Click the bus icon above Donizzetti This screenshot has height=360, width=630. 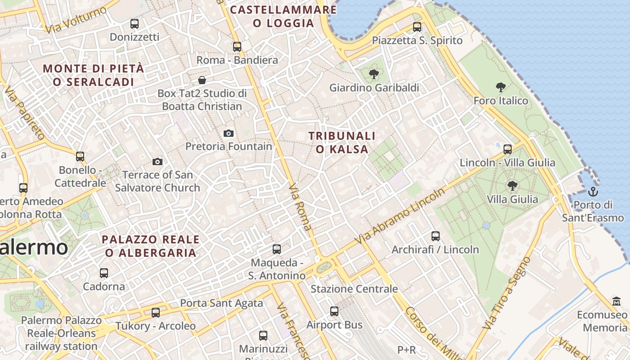pos(134,24)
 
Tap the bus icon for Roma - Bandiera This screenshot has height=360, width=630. pos(237,47)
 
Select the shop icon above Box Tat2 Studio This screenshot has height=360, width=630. pos(202,80)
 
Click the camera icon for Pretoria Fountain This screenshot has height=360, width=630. pos(229,133)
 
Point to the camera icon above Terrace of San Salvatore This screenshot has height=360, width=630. pos(157,162)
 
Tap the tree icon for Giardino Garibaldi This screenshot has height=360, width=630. pos(373,74)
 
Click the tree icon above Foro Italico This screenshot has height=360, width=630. pos(500,87)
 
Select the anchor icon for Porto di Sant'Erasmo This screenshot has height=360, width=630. pos(594,192)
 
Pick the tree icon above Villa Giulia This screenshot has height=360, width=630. pos(512,185)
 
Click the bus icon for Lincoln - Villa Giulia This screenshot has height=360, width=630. pos(508,149)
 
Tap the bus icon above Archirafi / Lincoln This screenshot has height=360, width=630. pos(435,236)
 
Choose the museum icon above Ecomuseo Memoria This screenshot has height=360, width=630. pos(616,301)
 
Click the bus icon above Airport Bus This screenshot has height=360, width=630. pos(334,311)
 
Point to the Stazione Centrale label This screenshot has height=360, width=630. pos(354,289)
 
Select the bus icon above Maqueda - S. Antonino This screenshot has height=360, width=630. pos(277,249)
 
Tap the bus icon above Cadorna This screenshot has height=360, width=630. pos(104,273)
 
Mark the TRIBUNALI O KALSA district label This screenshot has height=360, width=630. pos(342,142)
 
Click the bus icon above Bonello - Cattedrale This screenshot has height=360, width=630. pos(80,157)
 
